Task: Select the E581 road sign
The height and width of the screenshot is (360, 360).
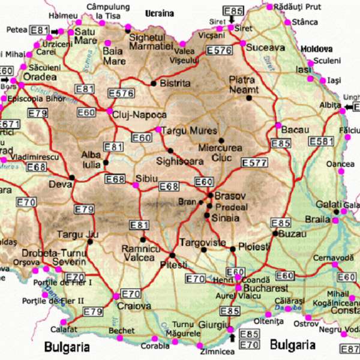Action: tap(321, 142)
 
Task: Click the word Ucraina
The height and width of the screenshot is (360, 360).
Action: tap(160, 13)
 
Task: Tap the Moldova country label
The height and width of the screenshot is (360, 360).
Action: tap(316, 48)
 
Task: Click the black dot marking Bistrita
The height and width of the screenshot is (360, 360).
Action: tap(154, 83)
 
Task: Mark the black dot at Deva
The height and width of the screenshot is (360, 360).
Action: tap(72, 177)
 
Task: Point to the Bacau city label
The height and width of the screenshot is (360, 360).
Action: tap(295, 130)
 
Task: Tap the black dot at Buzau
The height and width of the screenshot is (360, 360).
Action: tap(275, 233)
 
